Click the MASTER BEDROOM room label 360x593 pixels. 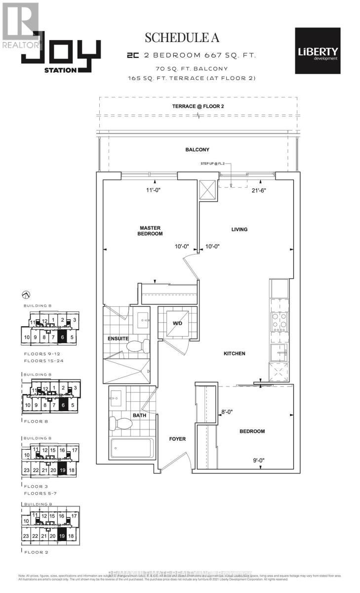pos(150,231)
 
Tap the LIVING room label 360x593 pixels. pos(240,229)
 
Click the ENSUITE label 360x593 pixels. pos(118,339)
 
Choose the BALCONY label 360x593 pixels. pos(197,150)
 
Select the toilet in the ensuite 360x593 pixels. pos(138,347)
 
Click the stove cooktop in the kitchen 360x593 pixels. pos(279,322)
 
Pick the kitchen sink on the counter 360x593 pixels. pos(280,353)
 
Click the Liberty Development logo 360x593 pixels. pos(317,51)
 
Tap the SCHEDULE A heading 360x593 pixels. pos(181,38)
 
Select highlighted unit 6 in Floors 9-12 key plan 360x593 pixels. pos(62,338)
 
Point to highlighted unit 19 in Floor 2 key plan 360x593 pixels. pos(62,535)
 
